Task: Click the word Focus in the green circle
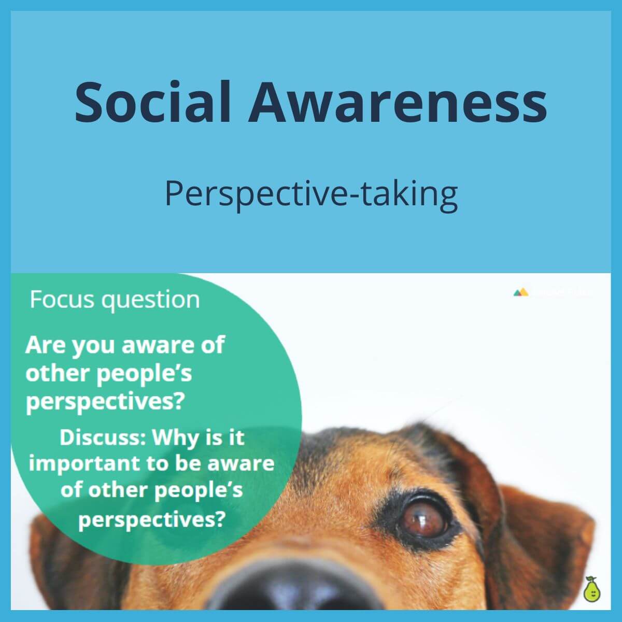pos(62,300)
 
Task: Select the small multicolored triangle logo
pos(521,292)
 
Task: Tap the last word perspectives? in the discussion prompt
pos(151,519)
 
